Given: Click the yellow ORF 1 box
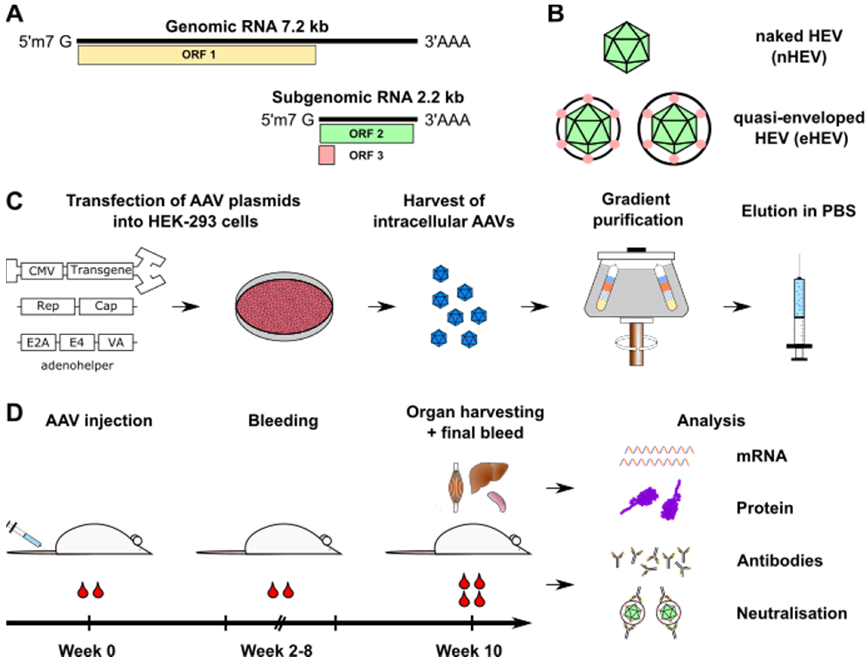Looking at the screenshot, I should [x=197, y=55].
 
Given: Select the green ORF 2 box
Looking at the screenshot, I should [x=366, y=134].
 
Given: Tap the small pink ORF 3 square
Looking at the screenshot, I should [x=327, y=155].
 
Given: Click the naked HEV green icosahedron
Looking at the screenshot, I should [x=626, y=47].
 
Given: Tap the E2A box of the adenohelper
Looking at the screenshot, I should [x=38, y=342].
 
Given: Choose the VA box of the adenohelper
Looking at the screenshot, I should [x=116, y=342].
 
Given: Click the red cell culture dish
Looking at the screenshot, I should [x=284, y=307].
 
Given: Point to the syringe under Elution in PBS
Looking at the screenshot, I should [x=799, y=308].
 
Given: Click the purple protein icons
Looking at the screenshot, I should [x=652, y=500].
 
